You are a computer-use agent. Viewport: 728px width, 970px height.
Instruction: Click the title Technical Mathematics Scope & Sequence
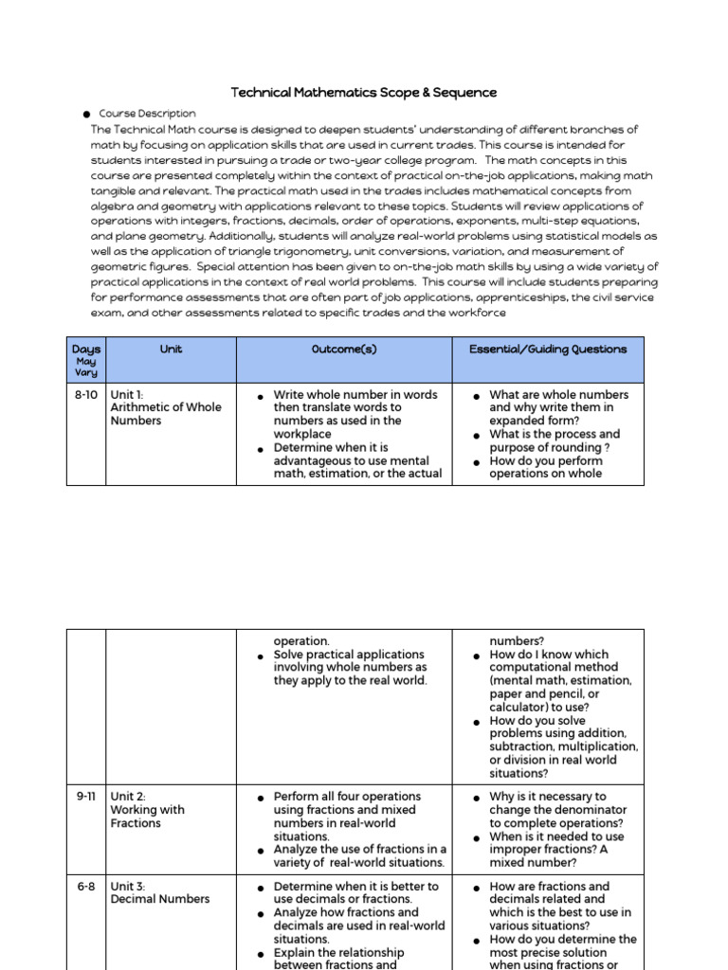364,93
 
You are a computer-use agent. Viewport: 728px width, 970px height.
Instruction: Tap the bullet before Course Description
86,114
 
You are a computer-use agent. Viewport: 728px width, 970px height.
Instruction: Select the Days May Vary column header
85,360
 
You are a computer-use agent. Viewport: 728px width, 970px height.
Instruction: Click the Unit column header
171,350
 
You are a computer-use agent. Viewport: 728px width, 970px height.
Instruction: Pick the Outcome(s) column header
344,350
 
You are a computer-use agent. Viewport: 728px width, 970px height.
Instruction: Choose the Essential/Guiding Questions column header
548,350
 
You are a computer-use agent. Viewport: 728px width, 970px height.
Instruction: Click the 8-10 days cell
85,394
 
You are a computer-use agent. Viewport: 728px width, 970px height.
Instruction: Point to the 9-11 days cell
85,797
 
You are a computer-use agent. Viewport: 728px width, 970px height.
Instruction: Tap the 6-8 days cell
85,887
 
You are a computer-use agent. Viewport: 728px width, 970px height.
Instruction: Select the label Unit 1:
129,394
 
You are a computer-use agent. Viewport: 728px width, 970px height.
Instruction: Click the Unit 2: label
129,797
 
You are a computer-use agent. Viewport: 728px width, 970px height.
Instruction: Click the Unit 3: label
129,887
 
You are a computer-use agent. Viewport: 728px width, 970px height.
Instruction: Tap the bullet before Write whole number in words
260,395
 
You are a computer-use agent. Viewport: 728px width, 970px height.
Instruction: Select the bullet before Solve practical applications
260,656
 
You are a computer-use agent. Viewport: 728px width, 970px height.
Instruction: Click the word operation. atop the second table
301,641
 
